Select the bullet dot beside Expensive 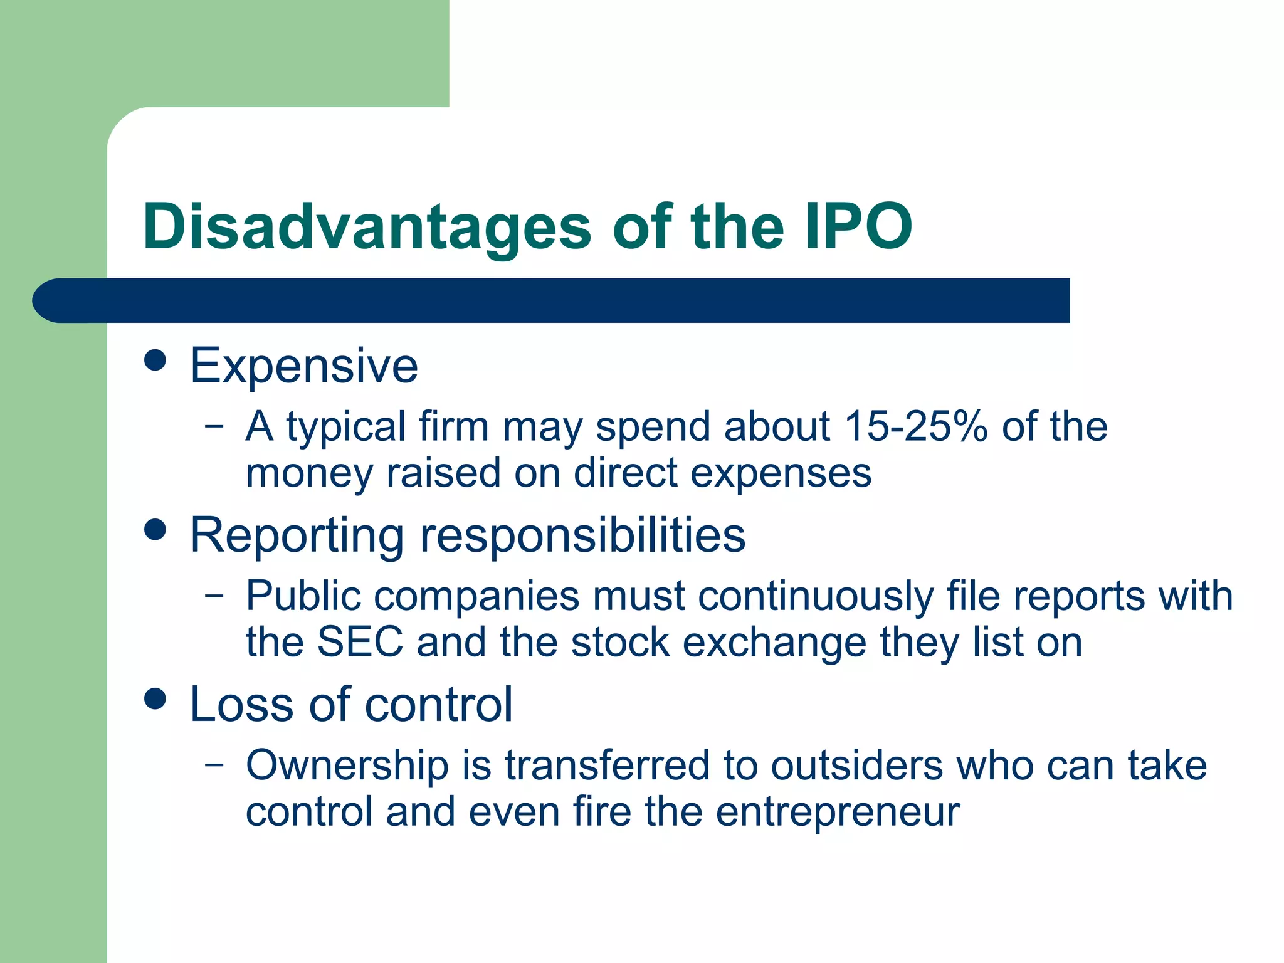[x=155, y=360]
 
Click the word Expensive [x=304, y=366]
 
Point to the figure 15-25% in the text [x=916, y=426]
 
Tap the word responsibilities [x=582, y=536]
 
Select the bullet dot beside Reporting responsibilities [x=155, y=530]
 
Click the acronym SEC [x=360, y=642]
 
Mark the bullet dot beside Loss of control [x=155, y=699]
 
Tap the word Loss [x=242, y=705]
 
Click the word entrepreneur [x=838, y=812]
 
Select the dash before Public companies [x=214, y=595]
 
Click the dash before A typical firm [x=214, y=426]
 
